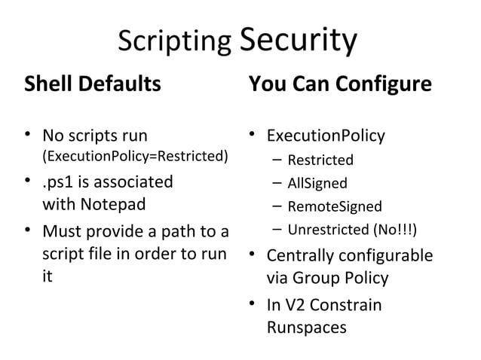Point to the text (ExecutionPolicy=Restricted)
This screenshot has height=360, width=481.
click(135, 157)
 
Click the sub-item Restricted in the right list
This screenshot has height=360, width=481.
click(320, 160)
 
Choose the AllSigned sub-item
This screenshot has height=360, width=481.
click(317, 183)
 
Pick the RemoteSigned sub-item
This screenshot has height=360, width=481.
click(335, 206)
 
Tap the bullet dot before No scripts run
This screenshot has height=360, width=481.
click(27, 136)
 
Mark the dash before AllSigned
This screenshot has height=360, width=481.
click(277, 183)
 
